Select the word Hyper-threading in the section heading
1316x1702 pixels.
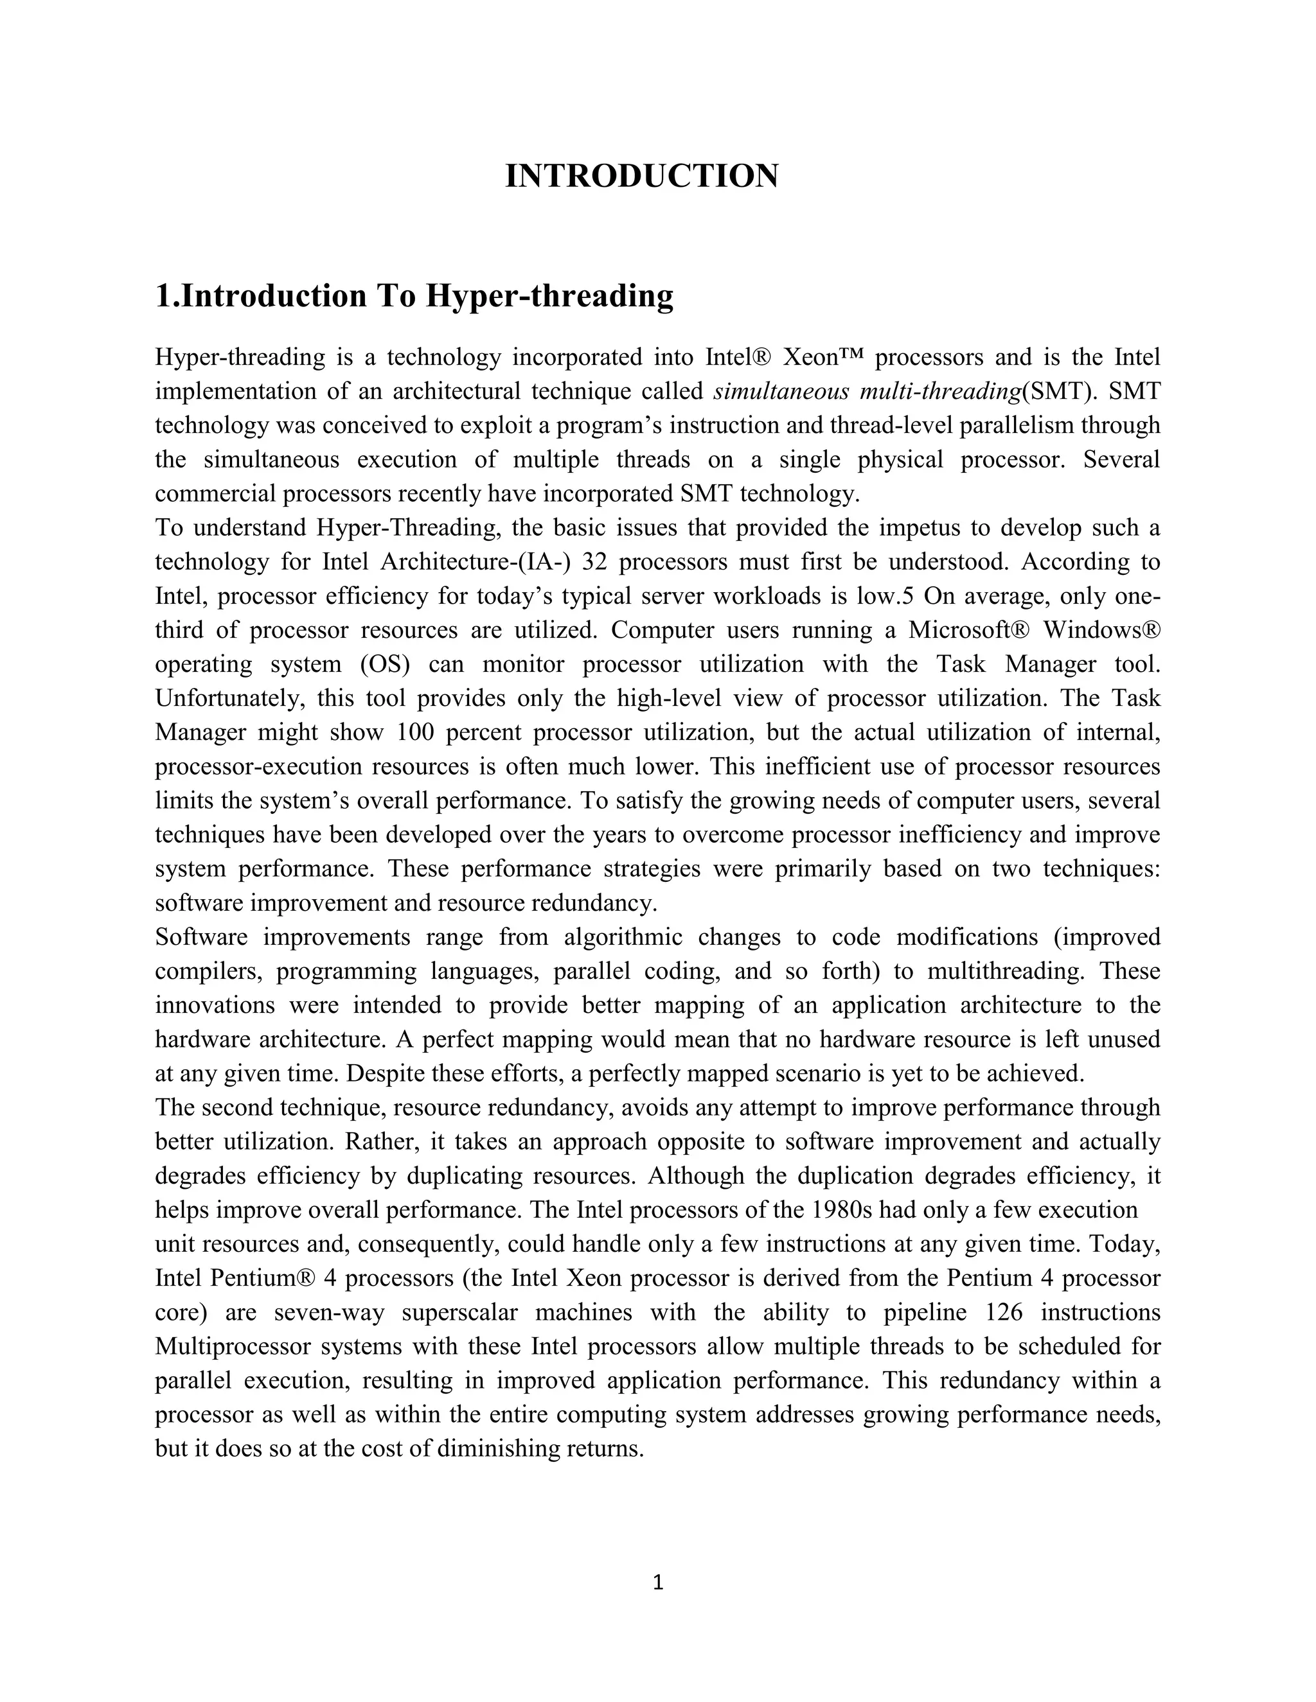coord(549,296)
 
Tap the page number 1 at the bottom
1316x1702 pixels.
coord(657,1582)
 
